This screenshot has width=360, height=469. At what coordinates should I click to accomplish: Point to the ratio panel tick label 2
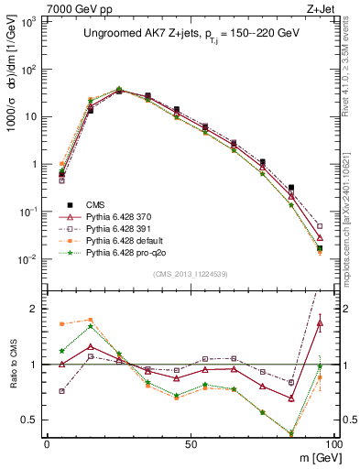click(x=33, y=309)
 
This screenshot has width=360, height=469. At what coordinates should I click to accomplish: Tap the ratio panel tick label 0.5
click(x=29, y=420)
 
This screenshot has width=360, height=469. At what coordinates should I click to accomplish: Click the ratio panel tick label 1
click(x=33, y=365)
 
